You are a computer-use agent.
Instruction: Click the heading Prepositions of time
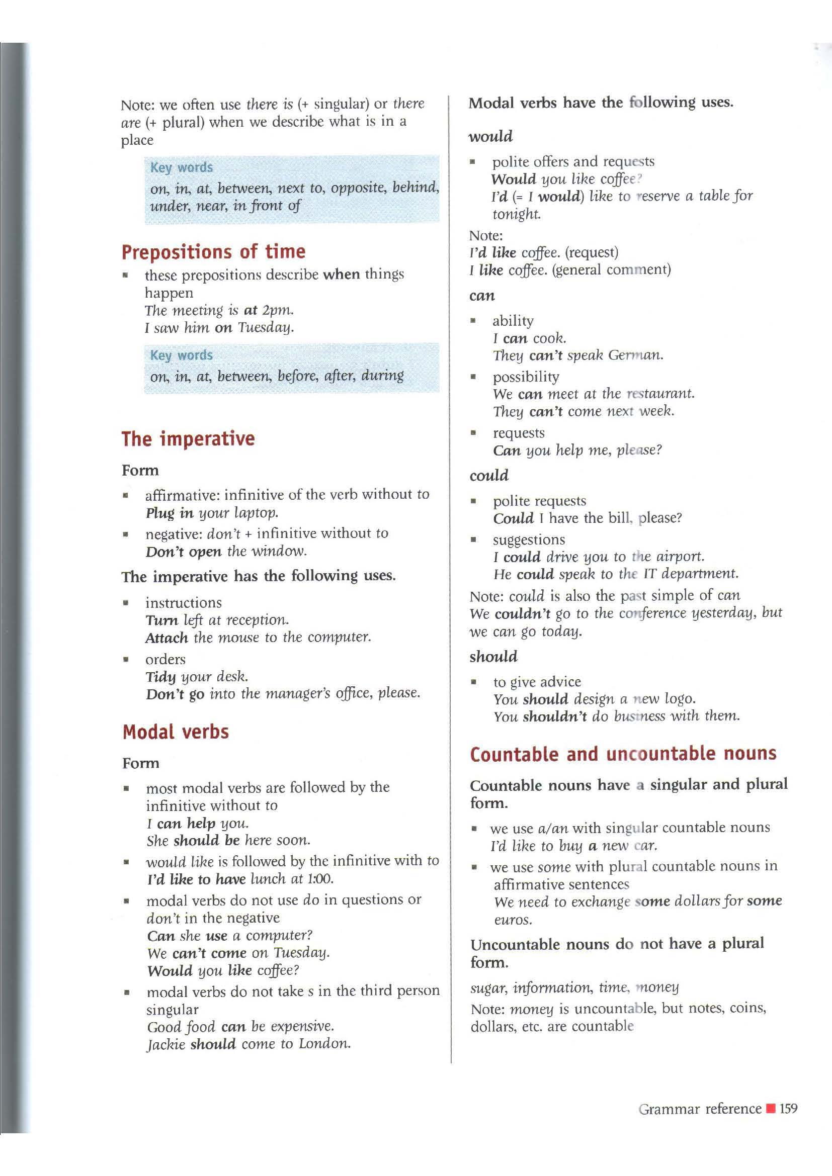[x=213, y=252]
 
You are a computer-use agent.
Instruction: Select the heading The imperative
[x=188, y=439]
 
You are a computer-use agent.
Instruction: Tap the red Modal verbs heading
[x=176, y=732]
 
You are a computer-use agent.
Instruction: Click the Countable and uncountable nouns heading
[x=623, y=755]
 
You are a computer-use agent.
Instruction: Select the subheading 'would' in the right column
[x=490, y=137]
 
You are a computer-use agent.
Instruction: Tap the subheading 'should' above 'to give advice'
[x=493, y=657]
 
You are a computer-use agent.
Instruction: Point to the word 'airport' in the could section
[x=680, y=557]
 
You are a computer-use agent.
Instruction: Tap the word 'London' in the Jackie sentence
[x=325, y=1044]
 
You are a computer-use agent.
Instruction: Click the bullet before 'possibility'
[x=474, y=378]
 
